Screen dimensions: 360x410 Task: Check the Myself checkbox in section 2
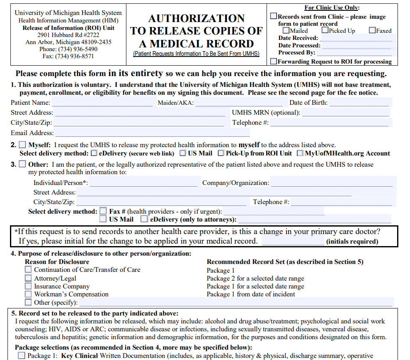[x=22, y=145]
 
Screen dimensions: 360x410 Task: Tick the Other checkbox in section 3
[x=22, y=164]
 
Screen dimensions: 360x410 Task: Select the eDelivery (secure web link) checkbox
[x=94, y=153]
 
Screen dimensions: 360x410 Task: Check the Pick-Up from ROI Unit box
[x=221, y=153]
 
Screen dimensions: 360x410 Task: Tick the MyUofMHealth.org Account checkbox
[x=300, y=153]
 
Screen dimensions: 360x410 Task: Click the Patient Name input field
[x=102, y=103]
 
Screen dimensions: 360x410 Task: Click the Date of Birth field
[x=361, y=103]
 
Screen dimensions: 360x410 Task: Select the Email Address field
[x=152, y=133]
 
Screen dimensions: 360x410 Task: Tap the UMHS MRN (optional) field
[x=346, y=113]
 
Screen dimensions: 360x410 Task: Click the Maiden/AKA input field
[x=239, y=103]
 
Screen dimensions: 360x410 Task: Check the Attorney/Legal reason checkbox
[x=28, y=278]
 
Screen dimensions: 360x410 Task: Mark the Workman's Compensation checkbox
[x=28, y=294]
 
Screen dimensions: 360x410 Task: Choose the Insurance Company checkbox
[x=28, y=286]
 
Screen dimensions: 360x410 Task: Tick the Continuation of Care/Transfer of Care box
[x=28, y=270]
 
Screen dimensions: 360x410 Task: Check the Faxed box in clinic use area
[x=372, y=30]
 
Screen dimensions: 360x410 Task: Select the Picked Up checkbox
[x=325, y=30]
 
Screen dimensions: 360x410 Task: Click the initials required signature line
[x=292, y=242]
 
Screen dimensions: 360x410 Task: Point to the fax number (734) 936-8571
[x=68, y=56]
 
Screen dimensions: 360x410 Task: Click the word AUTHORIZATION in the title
[x=196, y=19]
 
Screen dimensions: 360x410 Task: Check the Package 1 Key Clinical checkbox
[x=22, y=355]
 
